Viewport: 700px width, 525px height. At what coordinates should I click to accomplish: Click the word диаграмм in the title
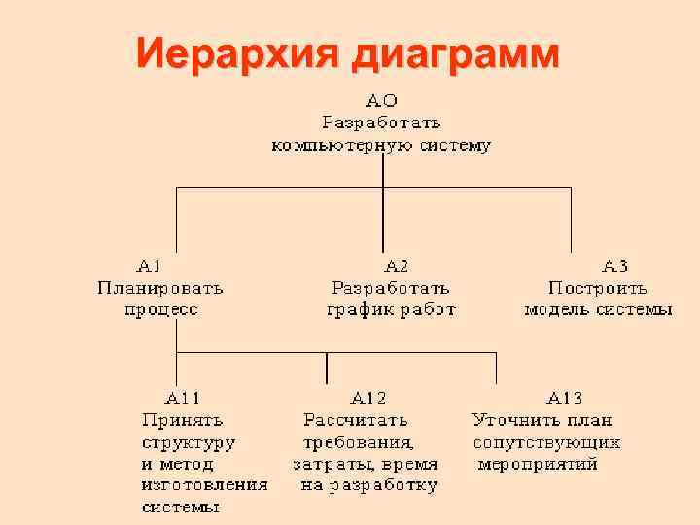tap(455, 53)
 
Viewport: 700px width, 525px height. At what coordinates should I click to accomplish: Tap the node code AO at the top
tap(381, 100)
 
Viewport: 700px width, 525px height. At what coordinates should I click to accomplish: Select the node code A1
tap(149, 264)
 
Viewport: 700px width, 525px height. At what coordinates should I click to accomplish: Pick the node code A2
tap(397, 264)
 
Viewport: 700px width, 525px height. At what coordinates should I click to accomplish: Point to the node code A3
tap(615, 264)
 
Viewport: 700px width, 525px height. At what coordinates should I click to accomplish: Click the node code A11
tap(183, 398)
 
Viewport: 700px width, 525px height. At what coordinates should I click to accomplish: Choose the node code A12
tap(368, 398)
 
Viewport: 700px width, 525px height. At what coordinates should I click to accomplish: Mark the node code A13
tap(565, 398)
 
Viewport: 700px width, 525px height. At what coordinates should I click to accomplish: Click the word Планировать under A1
tap(160, 287)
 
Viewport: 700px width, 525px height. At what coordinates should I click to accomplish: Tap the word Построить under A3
tap(598, 287)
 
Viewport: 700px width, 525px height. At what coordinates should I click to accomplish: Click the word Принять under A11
tap(183, 420)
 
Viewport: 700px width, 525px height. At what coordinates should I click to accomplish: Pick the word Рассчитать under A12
tap(356, 420)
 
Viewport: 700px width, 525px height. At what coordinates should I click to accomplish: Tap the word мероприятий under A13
tap(540, 464)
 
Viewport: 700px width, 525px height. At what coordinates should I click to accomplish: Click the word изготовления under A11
tap(204, 484)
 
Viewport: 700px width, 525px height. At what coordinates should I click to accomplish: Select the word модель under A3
tap(558, 310)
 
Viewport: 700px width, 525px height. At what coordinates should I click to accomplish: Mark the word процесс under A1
tap(160, 310)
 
